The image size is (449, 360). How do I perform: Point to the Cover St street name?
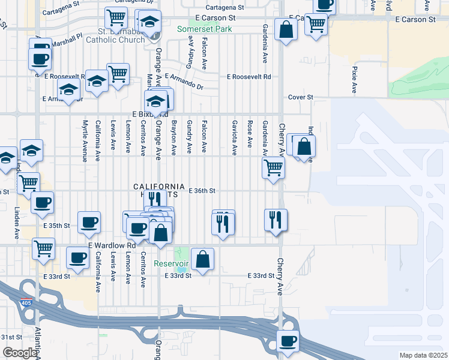coord(301,97)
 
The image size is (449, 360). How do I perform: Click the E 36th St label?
coord(202,191)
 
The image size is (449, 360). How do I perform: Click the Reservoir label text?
coord(171,263)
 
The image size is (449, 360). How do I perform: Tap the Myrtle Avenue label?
coord(85,140)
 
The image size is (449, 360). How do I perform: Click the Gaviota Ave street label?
coord(234,137)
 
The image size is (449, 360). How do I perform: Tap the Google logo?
coord(19,353)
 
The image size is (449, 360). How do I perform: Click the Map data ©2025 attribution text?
coord(423,355)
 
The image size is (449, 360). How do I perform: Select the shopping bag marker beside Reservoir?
coord(203,260)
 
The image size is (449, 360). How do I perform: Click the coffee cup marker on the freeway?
coord(287,341)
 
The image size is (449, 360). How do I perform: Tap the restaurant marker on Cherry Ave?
coord(276,220)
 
